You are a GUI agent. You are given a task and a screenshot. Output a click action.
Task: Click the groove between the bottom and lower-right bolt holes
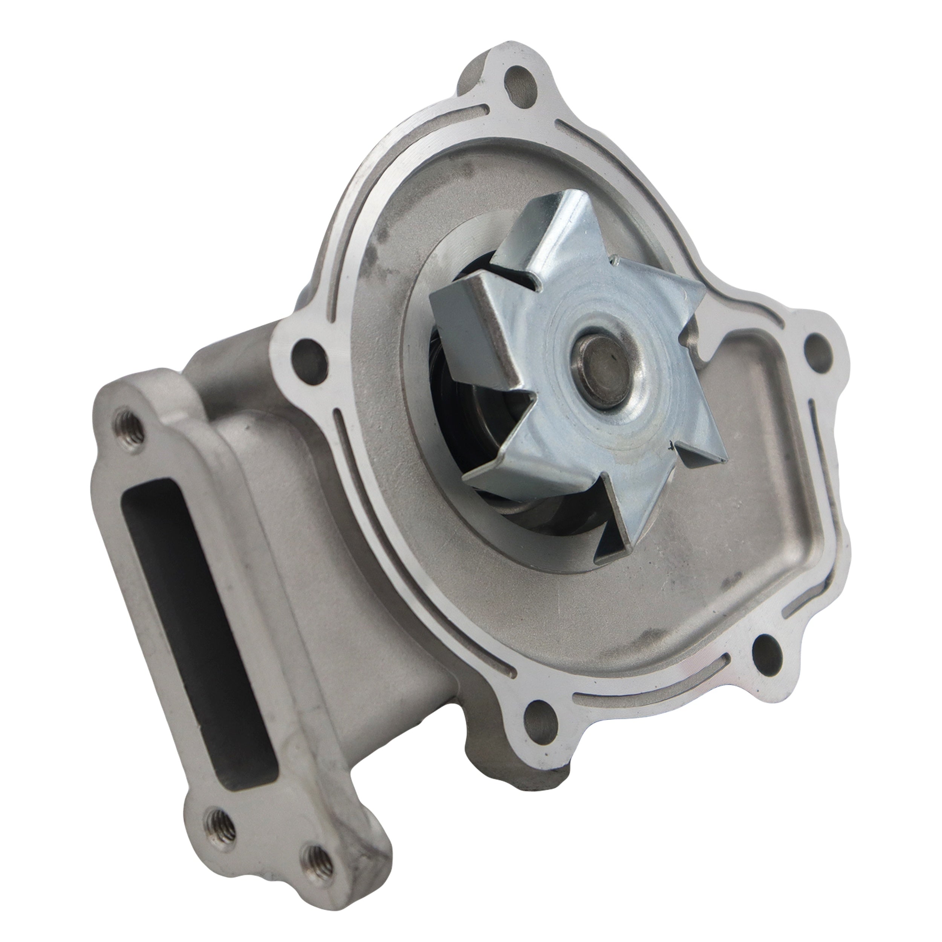[x=653, y=702]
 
